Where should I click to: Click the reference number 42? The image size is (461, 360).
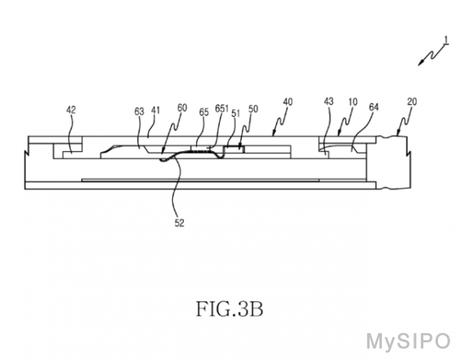tap(71, 110)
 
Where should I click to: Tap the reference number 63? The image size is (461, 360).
tap(139, 111)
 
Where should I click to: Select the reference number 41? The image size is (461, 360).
tap(155, 111)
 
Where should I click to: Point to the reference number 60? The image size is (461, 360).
tap(182, 107)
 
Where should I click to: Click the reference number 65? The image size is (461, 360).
tap(204, 112)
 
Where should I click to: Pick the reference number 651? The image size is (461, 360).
tap(222, 108)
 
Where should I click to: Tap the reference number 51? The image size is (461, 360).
tap(236, 113)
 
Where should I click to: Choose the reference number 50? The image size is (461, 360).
tap(253, 109)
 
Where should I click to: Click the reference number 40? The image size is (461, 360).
tap(288, 102)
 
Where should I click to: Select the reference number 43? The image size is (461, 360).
tap(329, 101)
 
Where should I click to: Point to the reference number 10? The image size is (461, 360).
tap(353, 102)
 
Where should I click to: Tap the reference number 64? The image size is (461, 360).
tap(373, 107)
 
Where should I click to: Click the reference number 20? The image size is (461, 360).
tap(412, 101)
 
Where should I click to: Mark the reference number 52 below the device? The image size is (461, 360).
tap(179, 223)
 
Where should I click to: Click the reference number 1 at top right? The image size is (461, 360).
tap(446, 40)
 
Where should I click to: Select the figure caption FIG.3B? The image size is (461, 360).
tap(229, 309)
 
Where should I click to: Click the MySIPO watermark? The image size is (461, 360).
tap(409, 342)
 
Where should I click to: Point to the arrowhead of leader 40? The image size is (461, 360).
tap(274, 134)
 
